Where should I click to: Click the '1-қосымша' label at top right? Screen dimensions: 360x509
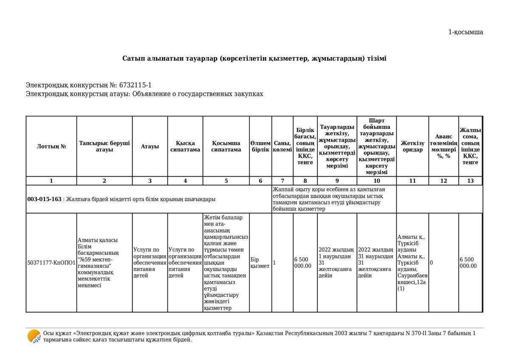465,32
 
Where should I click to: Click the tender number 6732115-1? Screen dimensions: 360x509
135,85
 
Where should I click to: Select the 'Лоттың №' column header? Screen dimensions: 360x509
51,146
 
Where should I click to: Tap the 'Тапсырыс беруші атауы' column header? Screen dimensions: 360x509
104,146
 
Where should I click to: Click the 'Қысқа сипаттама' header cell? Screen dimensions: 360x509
185,146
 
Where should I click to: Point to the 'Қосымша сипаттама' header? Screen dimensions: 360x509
226,146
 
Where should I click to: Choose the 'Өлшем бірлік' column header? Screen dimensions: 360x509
260,146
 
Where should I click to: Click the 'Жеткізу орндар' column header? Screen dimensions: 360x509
412,146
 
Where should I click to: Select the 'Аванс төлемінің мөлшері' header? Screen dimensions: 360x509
443,146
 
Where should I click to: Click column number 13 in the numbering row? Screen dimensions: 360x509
470,181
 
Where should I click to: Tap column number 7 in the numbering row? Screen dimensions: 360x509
282,181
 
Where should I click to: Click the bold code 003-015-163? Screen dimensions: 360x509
45,199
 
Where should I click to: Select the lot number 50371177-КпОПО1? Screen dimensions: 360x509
51,263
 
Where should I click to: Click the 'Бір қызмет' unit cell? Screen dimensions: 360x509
260,263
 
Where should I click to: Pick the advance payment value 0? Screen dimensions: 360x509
431,263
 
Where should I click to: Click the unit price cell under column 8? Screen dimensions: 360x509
305,263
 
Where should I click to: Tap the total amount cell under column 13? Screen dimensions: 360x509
470,263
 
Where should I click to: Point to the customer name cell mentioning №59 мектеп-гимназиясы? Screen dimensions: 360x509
104,263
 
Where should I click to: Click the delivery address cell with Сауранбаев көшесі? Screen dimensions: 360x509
412,263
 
